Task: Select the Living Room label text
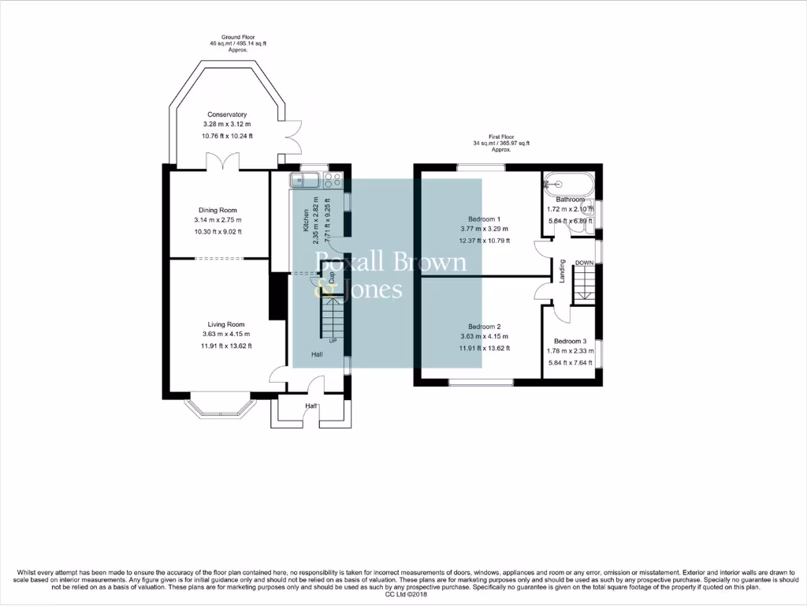[226, 324]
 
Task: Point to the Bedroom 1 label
[485, 219]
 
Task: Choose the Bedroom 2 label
[485, 327]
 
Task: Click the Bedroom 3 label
[571, 341]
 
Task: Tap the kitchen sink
[303, 180]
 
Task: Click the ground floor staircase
[332, 317]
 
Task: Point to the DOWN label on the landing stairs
[584, 263]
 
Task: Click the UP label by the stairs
[333, 341]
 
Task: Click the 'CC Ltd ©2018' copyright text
[403, 594]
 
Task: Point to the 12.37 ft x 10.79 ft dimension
[485, 241]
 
